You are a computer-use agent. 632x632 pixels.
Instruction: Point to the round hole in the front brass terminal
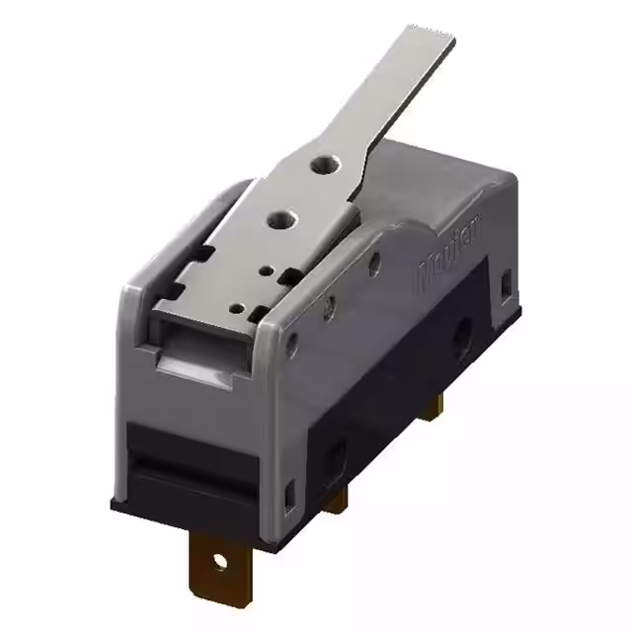coord(218,563)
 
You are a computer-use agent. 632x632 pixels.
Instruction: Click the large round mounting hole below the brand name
coord(461,340)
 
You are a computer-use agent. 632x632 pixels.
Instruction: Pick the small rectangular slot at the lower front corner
coord(289,490)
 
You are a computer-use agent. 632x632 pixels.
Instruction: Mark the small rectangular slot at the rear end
coord(507,284)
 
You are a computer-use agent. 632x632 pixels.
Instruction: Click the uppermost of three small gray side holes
coord(374,262)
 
